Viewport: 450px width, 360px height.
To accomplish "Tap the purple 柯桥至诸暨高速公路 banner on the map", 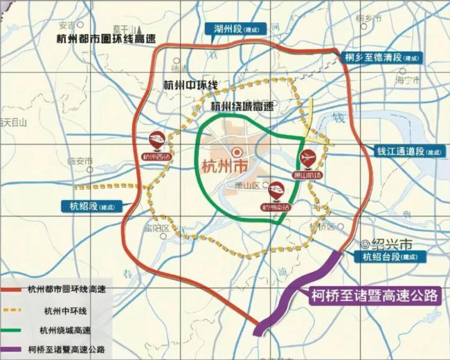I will pyautogui.click(x=374, y=296).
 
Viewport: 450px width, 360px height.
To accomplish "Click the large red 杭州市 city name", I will pyautogui.click(x=224, y=168).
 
